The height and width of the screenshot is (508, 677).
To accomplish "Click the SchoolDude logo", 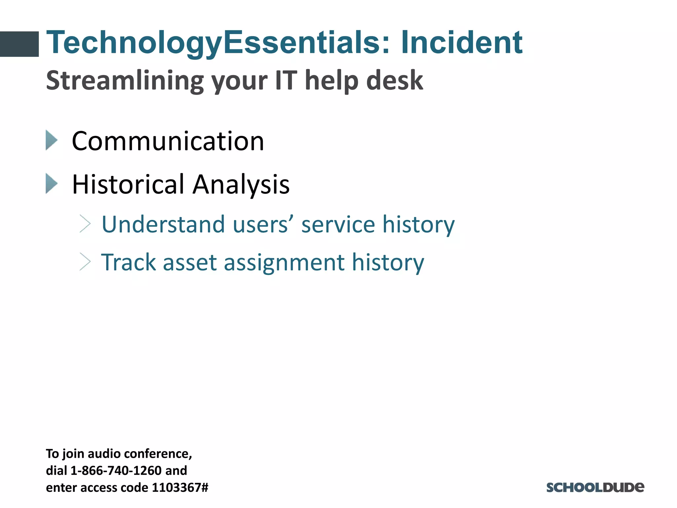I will pos(595,487).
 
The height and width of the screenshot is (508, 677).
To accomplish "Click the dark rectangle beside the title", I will pos(19,44).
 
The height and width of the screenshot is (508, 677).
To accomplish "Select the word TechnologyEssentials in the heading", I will pos(213,43).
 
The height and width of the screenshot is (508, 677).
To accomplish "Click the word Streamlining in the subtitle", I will pos(124,80).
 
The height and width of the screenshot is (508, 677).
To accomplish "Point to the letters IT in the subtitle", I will pos(286,80).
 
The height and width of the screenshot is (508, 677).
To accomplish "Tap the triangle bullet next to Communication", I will pos(52,140).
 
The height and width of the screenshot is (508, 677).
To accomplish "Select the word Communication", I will pos(168,141).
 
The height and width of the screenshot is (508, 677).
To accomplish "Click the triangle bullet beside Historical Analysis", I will pos(52,184).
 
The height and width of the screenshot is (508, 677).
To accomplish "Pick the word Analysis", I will pos(241,185).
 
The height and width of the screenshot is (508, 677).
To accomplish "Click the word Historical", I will pos(128,184).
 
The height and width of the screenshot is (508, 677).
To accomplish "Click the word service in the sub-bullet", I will pos(338,225).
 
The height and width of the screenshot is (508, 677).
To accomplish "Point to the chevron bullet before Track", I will pos(85,262).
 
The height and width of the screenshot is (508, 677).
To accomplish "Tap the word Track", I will pos(128,262).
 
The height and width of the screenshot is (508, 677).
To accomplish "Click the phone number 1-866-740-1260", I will pos(116,471).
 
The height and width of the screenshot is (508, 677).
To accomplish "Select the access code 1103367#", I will pos(180,487).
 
